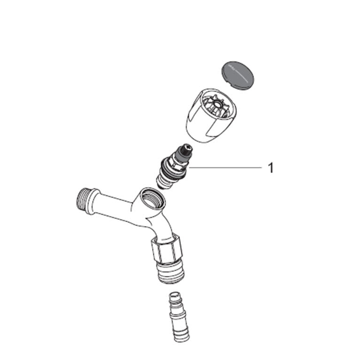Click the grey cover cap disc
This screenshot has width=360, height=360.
click(x=237, y=76)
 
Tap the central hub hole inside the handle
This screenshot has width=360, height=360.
click(x=216, y=106)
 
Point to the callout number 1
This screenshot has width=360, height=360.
click(x=271, y=168)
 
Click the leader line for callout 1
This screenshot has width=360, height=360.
click(x=225, y=168)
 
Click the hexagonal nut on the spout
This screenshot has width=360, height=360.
click(x=167, y=249)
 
